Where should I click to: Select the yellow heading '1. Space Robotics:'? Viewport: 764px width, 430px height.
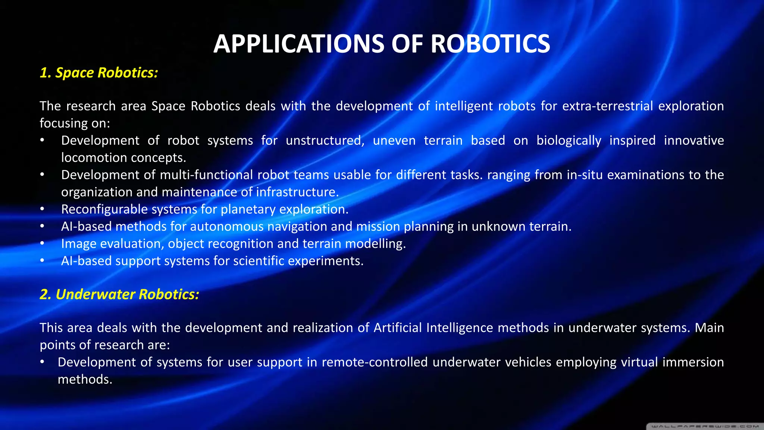pyautogui.click(x=99, y=73)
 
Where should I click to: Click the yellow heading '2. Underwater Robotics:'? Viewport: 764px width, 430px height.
pyautogui.click(x=119, y=295)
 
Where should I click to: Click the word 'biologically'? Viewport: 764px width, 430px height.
pyautogui.click(x=569, y=141)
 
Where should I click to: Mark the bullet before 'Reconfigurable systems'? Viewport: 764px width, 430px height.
pyautogui.click(x=43, y=209)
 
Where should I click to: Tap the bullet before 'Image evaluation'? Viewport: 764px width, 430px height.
pyautogui.click(x=43, y=244)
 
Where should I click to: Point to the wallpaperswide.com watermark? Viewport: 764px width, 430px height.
pyautogui.click(x=705, y=426)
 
